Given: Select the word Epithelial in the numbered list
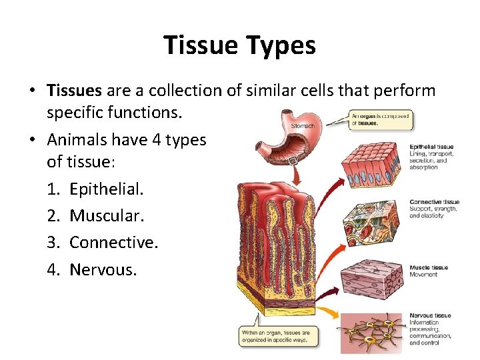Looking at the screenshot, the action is (106, 189).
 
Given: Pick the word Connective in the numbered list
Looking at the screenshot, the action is (113, 242).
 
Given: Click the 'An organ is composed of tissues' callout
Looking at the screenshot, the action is (380, 119).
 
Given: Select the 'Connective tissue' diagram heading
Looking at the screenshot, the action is (434, 202).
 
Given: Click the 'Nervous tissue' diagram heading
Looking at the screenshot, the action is (430, 315).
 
